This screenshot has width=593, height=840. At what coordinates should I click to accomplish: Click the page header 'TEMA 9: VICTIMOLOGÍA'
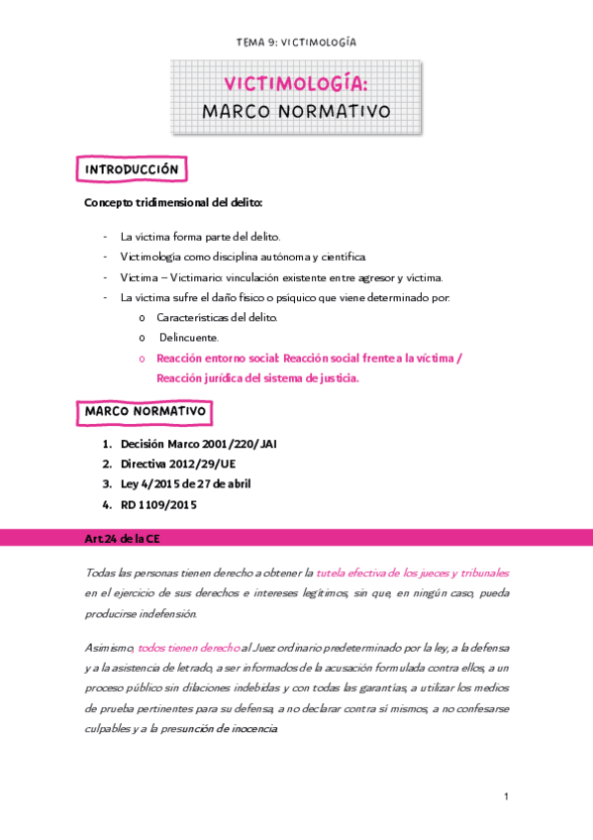pyautogui.click(x=296, y=43)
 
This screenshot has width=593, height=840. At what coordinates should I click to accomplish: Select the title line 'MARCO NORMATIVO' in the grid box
pyautogui.click(x=296, y=111)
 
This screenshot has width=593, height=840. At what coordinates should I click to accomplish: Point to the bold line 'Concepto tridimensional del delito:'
pyautogui.click(x=173, y=204)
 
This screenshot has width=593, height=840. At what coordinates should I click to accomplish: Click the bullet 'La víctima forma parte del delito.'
pyautogui.click(x=200, y=237)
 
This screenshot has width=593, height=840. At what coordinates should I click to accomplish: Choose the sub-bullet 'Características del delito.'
pyautogui.click(x=217, y=317)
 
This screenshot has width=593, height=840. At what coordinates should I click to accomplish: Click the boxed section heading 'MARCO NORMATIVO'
pyautogui.click(x=145, y=410)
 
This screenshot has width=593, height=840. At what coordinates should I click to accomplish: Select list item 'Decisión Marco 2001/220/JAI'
pyautogui.click(x=198, y=445)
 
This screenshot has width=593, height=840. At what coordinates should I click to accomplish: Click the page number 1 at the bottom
pyautogui.click(x=506, y=797)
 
